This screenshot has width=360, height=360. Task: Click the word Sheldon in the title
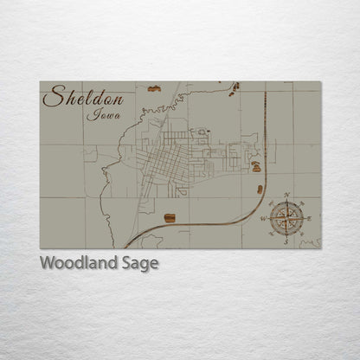click(x=83, y=97)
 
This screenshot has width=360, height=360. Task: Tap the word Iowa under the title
click(x=105, y=114)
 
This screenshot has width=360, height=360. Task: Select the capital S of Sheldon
click(x=54, y=97)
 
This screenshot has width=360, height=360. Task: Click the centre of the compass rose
click(x=286, y=217)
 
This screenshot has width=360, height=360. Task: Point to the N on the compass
click(x=286, y=195)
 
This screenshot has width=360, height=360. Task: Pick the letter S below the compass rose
click(x=286, y=242)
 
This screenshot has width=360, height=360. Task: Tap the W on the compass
click(x=262, y=219)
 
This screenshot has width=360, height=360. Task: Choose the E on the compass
click(x=309, y=218)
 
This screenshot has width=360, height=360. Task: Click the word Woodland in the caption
click(x=79, y=263)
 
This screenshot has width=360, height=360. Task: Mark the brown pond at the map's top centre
click(x=154, y=88)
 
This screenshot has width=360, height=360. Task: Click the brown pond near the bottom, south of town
click(x=170, y=218)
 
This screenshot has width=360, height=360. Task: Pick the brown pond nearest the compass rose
click(x=260, y=189)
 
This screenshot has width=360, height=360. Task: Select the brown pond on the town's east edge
click(x=255, y=165)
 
